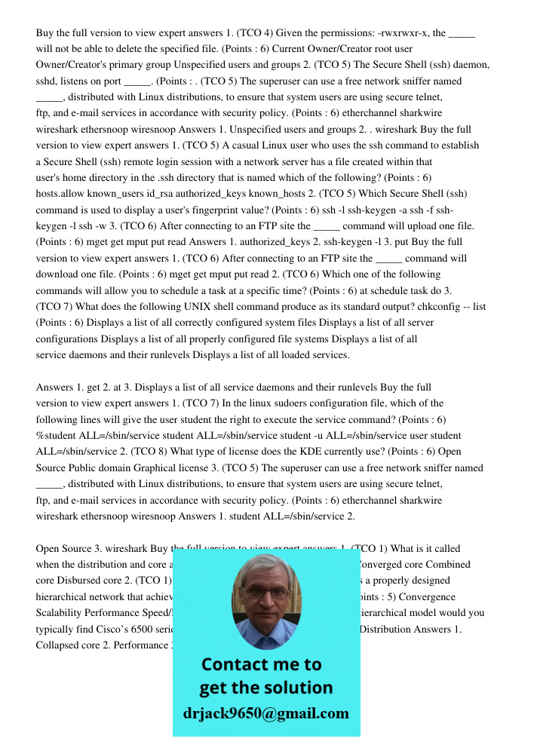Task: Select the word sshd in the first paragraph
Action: click(48, 81)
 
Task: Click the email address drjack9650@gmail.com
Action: click(266, 713)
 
